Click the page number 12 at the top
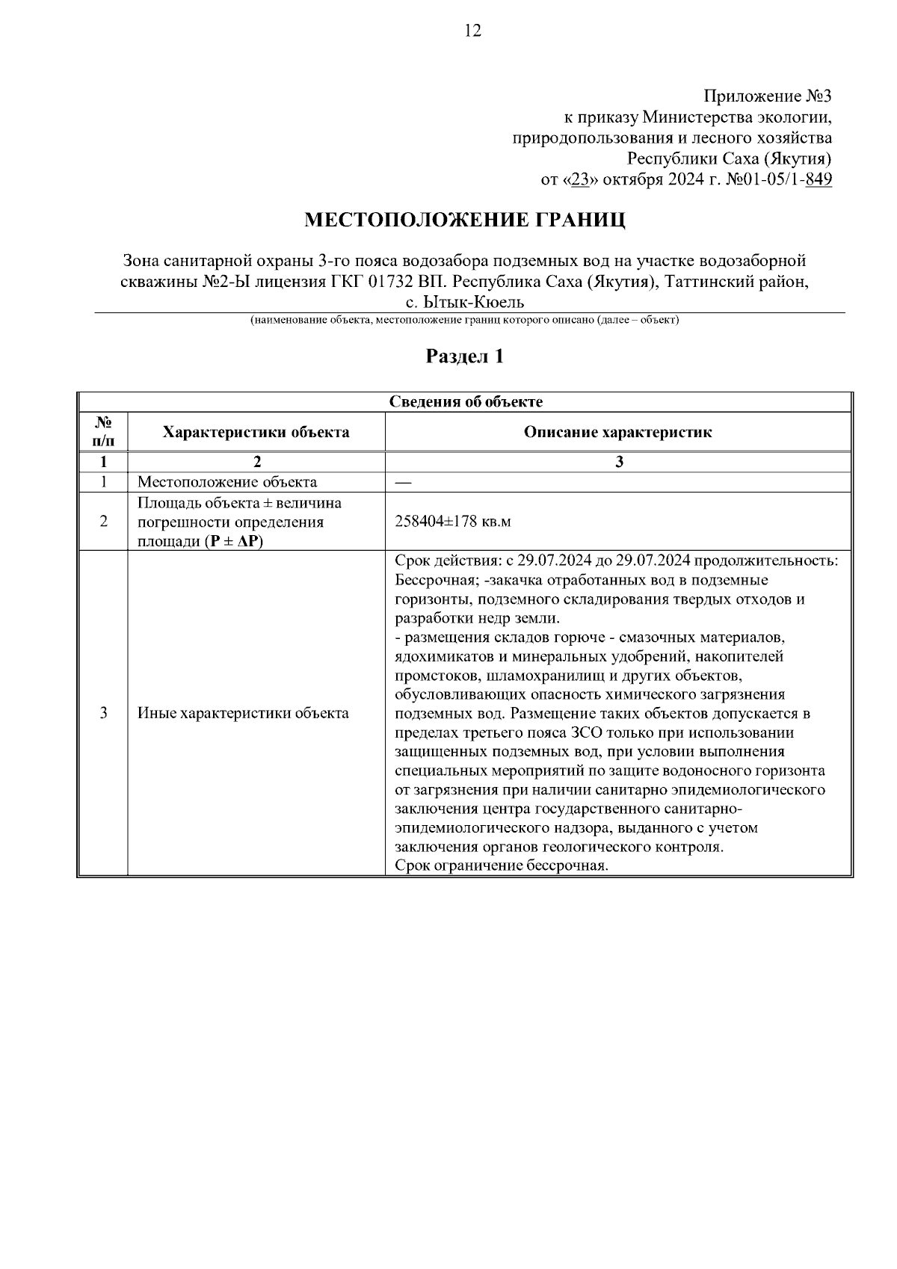(x=472, y=31)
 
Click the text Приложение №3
(x=767, y=96)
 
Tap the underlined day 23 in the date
(x=578, y=180)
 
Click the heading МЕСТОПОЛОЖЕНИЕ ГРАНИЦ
(x=464, y=220)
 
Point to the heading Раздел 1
(x=464, y=356)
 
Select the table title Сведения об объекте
(x=466, y=401)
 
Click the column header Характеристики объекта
(x=256, y=432)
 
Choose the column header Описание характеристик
(x=617, y=432)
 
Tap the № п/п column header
(x=103, y=432)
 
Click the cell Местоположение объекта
(x=227, y=482)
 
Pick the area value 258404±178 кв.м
(x=452, y=521)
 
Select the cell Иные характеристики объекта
(x=243, y=713)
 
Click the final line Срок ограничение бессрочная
(x=502, y=866)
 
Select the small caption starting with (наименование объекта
(x=464, y=320)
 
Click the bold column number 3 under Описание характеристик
(x=619, y=462)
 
